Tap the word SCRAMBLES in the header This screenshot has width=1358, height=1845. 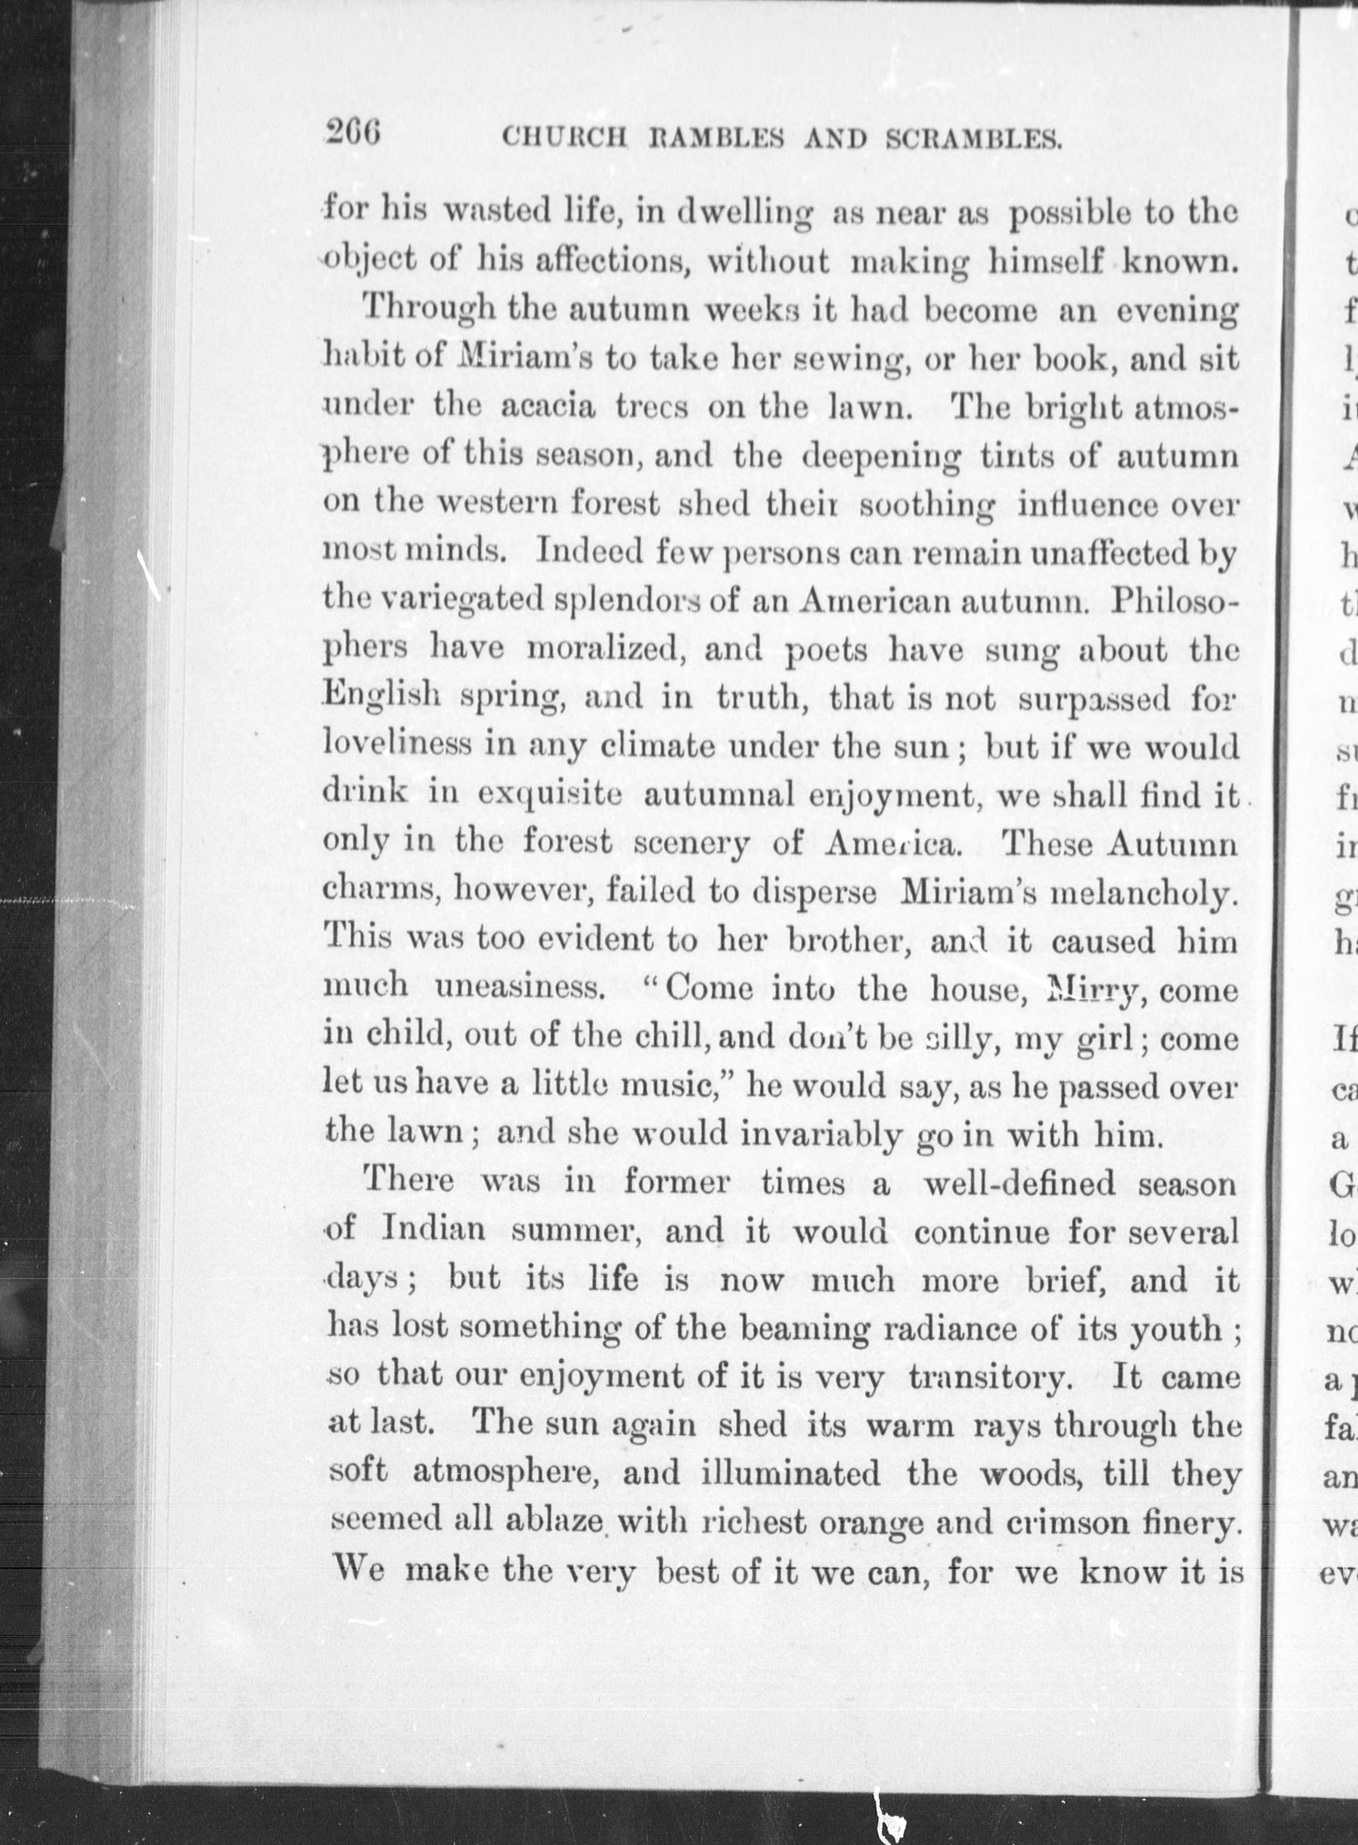pyautogui.click(x=974, y=140)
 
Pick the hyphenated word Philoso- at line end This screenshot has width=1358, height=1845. pyautogui.click(x=1174, y=602)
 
